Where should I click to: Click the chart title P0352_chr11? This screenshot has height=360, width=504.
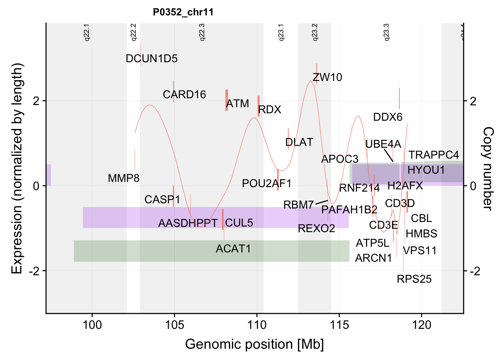pos(183,12)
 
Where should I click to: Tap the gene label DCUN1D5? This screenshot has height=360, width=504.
pos(151,59)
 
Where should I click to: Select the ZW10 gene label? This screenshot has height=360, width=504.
pos(327,78)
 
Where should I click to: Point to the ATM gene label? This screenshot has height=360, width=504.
pos(238,103)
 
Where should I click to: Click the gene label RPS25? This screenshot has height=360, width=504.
pos(414,279)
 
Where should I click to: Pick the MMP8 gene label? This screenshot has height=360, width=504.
pos(123,178)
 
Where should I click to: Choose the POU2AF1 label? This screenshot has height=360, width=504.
pos(267,184)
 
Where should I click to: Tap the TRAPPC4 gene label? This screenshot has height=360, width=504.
pos(433,155)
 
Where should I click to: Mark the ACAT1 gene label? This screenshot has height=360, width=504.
pos(233,249)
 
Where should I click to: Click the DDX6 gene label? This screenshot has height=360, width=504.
pos(388,117)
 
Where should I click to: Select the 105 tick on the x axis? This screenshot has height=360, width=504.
pos(174,325)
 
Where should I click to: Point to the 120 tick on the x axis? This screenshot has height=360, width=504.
pos(421,325)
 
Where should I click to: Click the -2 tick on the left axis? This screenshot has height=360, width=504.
pos(34,271)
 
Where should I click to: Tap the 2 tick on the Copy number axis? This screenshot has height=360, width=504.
pos(473,101)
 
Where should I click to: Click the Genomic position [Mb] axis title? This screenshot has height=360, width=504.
pos(254,344)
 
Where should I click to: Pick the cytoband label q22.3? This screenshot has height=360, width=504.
pos(202,32)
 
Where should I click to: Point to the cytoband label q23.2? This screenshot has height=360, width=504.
pos(315,32)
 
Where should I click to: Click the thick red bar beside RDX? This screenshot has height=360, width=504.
pos(258,106)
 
